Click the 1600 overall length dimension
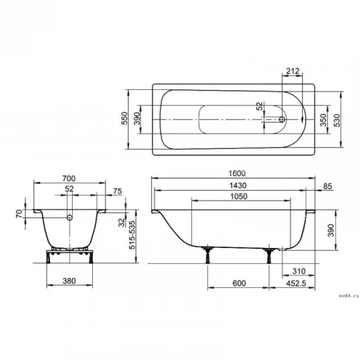(237, 173)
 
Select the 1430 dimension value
(238, 185)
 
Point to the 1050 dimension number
(239, 196)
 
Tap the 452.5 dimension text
(296, 283)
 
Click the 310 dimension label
(299, 271)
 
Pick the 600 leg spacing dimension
(239, 283)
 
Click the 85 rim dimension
(327, 186)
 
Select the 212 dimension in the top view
(293, 71)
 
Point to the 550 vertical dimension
(125, 118)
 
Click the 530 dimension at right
(337, 120)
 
